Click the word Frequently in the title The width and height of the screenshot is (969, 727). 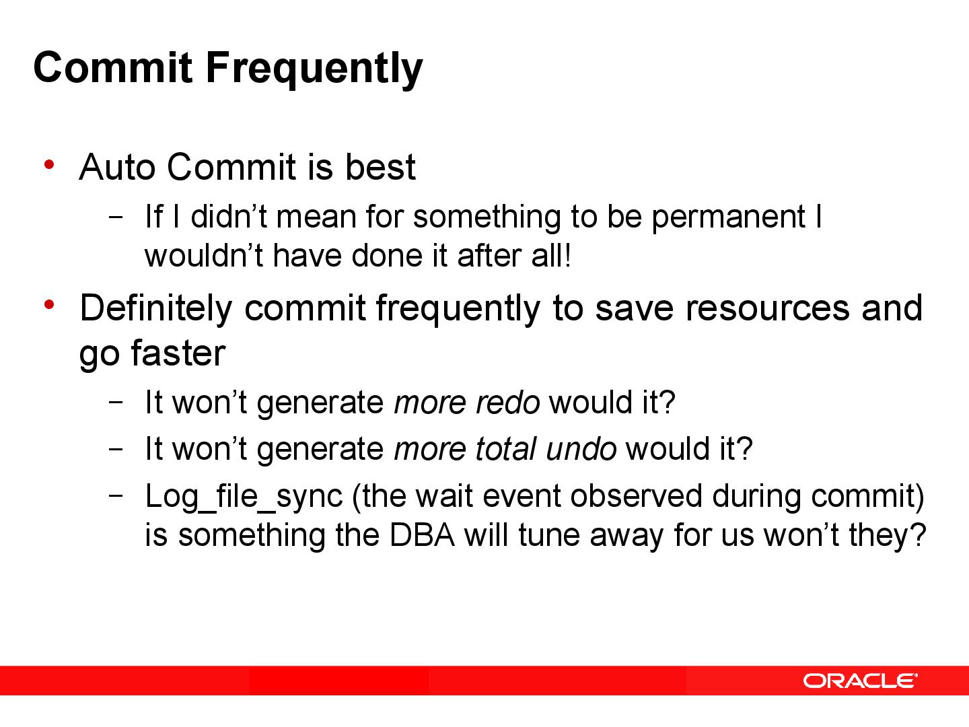coord(314,68)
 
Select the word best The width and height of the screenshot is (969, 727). coord(380,167)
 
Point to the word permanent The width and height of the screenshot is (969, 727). coord(728,217)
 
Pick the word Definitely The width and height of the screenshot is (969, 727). coord(155,308)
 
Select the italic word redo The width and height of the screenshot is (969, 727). coord(507,403)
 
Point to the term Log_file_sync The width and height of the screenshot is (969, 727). coord(244,497)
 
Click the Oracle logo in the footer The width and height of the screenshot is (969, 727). coord(859,681)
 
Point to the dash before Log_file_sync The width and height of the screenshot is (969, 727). coord(115,495)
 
